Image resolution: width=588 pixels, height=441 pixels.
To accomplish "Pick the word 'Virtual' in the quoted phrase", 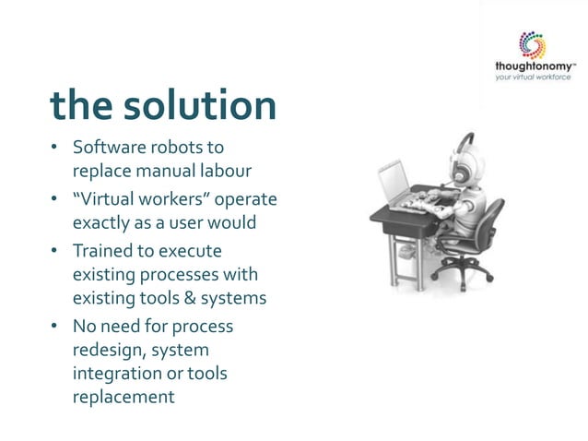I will coord(107,200).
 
